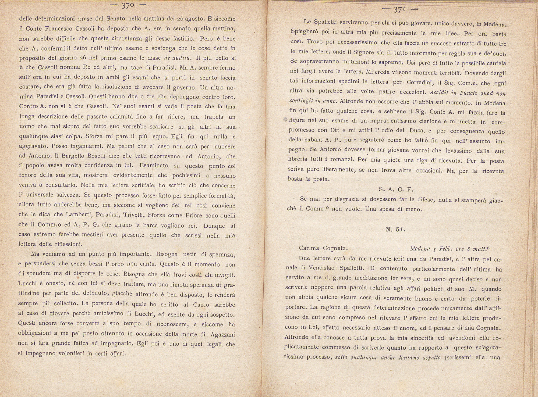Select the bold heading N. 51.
coord(395,230)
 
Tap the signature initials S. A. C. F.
coord(396,189)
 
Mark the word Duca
coord(416,130)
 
